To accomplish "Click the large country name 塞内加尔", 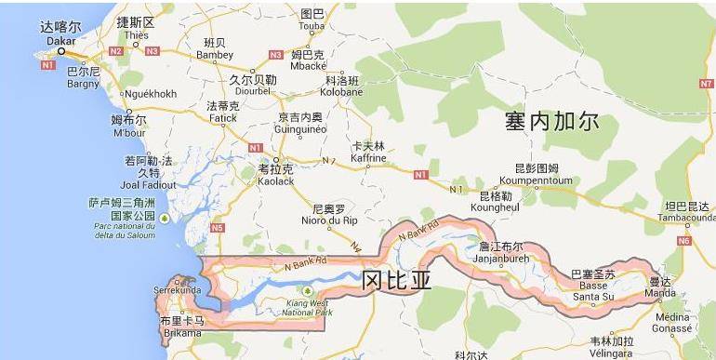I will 552,121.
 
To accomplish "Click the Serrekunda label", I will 177,291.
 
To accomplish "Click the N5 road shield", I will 218,227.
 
